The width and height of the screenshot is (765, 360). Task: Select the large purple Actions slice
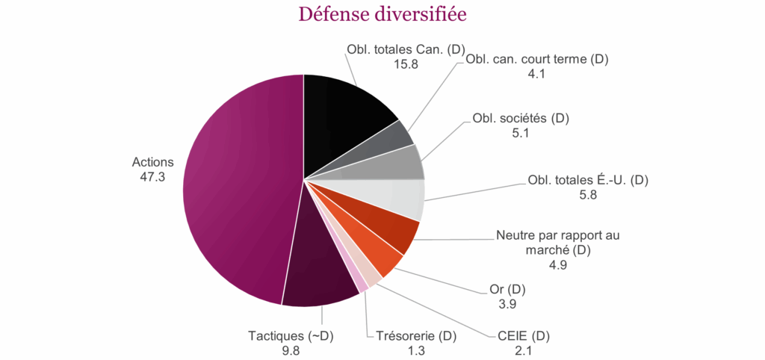(239, 187)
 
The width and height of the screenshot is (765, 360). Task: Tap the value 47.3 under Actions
(152, 176)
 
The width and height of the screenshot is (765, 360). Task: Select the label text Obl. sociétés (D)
(526, 119)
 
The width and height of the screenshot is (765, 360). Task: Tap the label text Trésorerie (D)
(412, 335)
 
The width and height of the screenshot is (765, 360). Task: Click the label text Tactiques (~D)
(290, 336)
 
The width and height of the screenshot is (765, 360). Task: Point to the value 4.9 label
(558, 264)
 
